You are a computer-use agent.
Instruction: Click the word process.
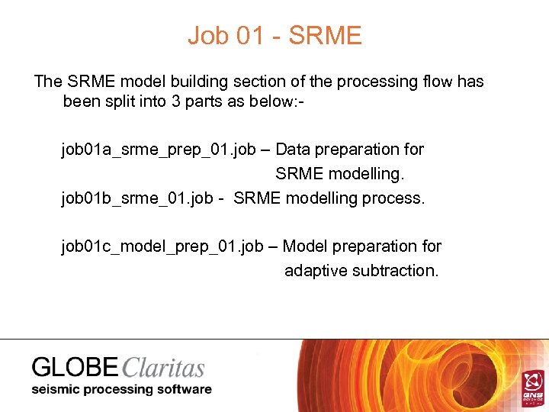395,198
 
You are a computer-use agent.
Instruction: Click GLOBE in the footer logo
75,368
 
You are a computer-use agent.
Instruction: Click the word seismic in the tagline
56,389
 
